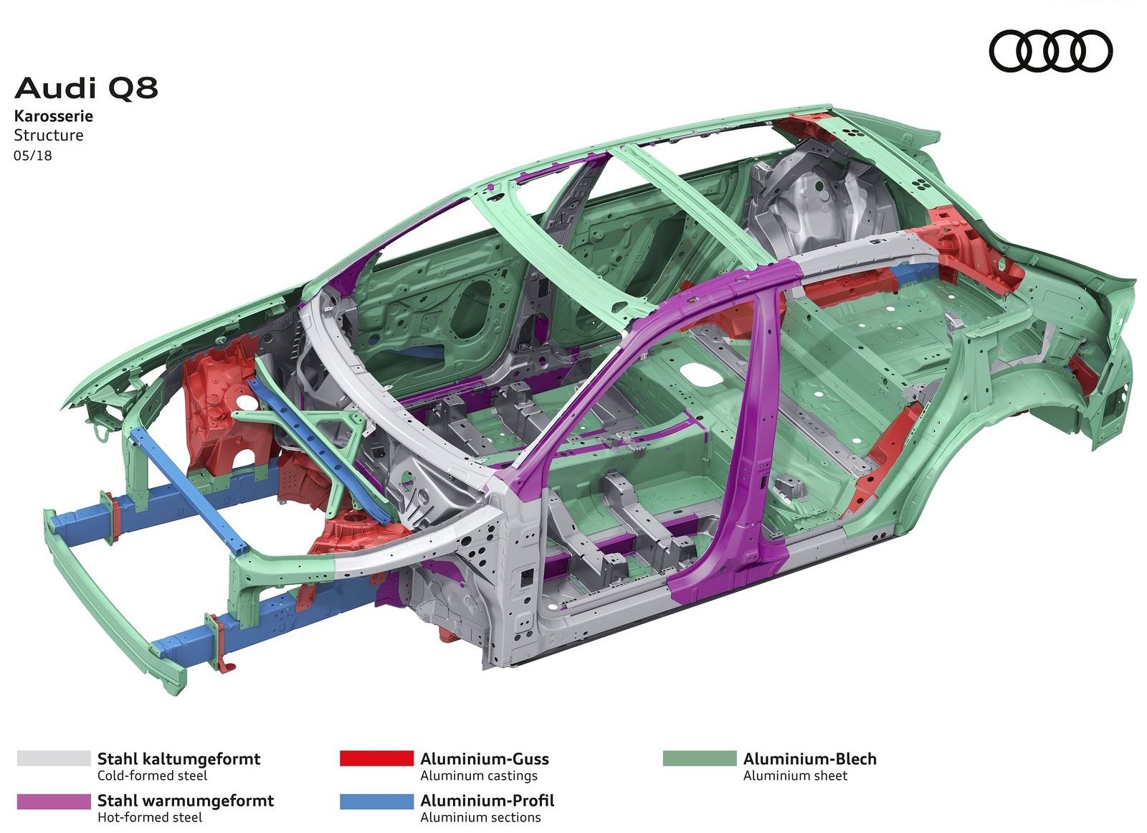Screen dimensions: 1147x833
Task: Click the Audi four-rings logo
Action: click(x=1051, y=51)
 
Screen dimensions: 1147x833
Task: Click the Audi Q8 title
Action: click(x=86, y=88)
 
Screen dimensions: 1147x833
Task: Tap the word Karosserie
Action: click(x=53, y=116)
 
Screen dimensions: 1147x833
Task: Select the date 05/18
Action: click(x=33, y=155)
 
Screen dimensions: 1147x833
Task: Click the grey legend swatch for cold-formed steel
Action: click(x=54, y=758)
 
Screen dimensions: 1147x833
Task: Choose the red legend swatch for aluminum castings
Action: click(x=376, y=758)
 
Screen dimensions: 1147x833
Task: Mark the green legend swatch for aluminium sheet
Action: click(x=700, y=758)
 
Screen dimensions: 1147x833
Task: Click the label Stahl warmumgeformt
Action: click(x=186, y=801)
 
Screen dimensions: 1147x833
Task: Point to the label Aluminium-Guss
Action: click(x=485, y=758)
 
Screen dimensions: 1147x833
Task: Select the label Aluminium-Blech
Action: click(x=809, y=758)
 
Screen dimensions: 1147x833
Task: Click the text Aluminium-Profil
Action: click(x=487, y=801)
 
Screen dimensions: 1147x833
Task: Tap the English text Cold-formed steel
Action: click(x=152, y=776)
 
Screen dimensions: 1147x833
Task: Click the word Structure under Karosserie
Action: click(x=49, y=136)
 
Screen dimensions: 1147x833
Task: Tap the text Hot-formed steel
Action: click(x=150, y=818)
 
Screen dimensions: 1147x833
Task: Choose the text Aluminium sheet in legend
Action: click(x=795, y=776)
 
